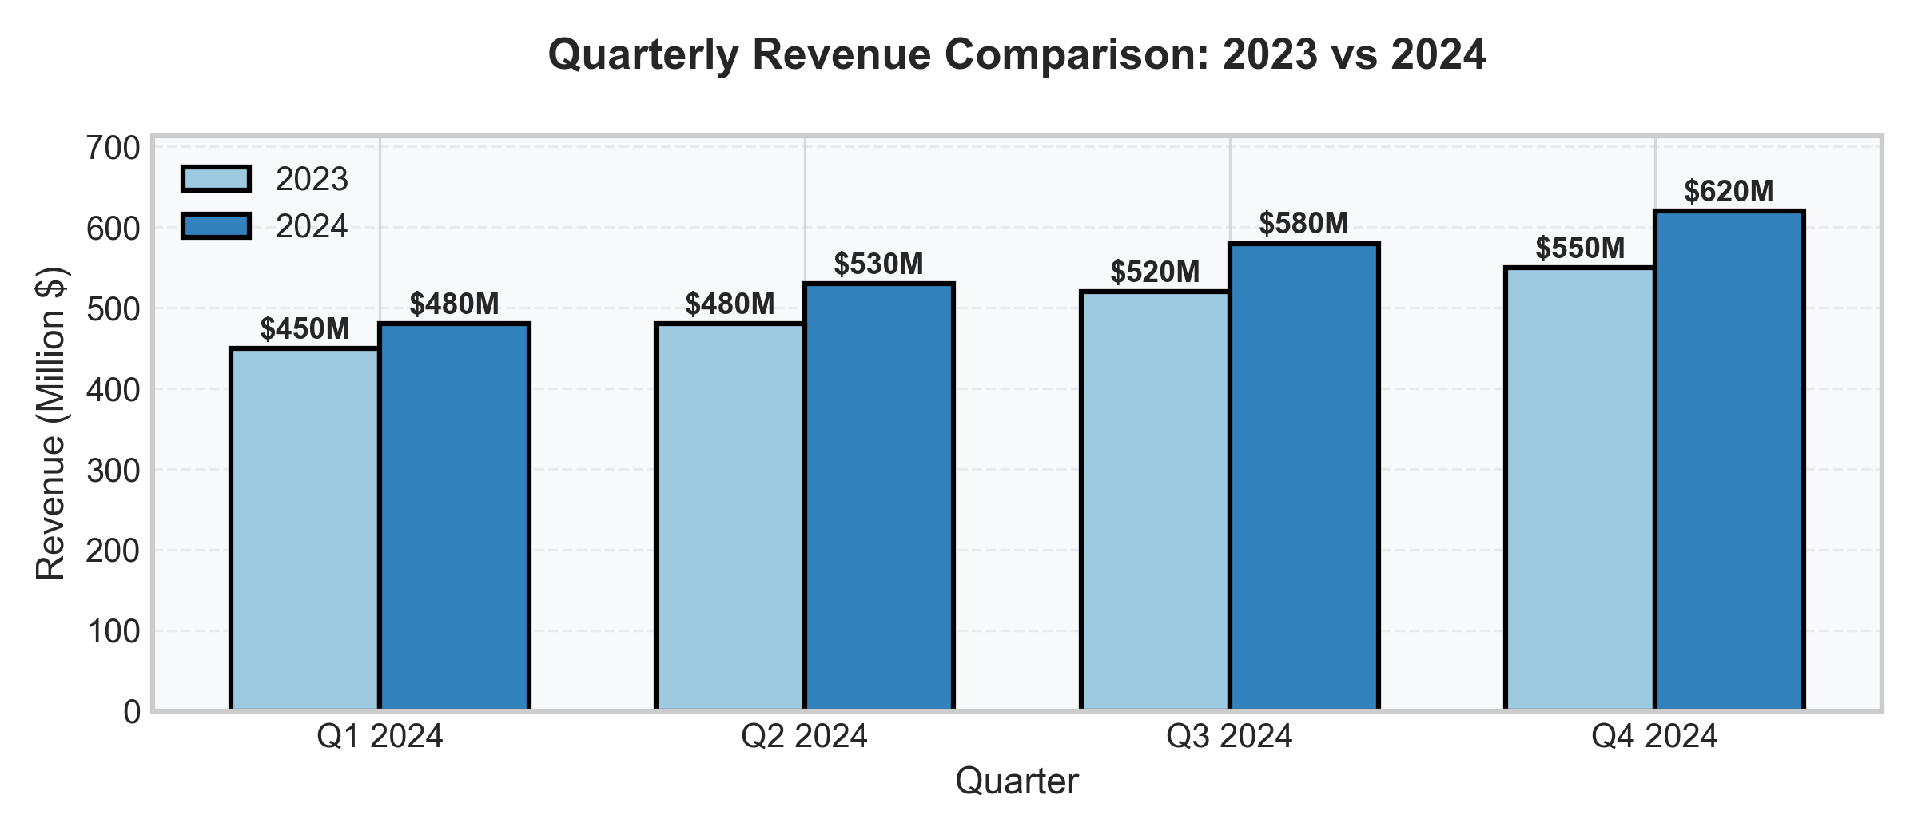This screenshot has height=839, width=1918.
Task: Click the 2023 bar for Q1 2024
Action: pyautogui.click(x=304, y=529)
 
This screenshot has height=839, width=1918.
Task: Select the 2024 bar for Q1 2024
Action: pyautogui.click(x=454, y=516)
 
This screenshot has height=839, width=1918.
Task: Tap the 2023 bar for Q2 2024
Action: pyautogui.click(x=730, y=516)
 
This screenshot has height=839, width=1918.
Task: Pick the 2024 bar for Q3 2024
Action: pyautogui.click(x=1304, y=476)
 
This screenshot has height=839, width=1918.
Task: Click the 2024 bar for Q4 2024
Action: pyautogui.click(x=1729, y=460)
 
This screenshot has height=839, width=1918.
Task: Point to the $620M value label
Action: pyautogui.click(x=1729, y=192)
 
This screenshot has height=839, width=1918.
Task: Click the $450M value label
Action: pyautogui.click(x=304, y=328)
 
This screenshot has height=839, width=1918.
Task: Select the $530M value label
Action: pyautogui.click(x=878, y=264)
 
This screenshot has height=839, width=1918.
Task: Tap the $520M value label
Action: pyautogui.click(x=1155, y=272)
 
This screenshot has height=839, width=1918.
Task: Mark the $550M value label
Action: pyautogui.click(x=1580, y=249)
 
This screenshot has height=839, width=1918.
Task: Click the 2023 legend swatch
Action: pyautogui.click(x=216, y=179)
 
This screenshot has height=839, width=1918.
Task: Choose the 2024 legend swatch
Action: pyautogui.click(x=216, y=226)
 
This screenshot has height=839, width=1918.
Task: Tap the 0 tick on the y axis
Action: pyautogui.click(x=132, y=712)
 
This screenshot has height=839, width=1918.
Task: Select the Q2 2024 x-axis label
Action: pyautogui.click(x=804, y=736)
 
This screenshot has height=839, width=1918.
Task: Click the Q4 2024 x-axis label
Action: pyautogui.click(x=1654, y=736)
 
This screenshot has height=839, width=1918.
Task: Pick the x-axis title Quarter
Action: pyautogui.click(x=1017, y=781)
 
